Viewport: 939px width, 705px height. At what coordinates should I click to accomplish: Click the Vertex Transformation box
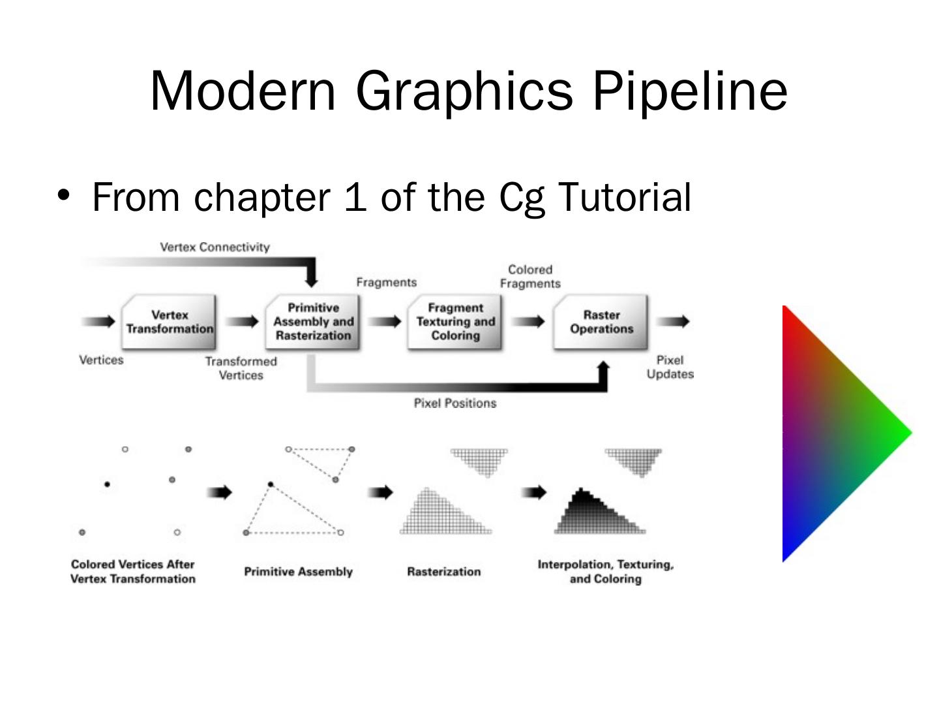point(170,322)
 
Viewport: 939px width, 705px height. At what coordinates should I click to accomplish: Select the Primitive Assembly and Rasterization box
point(313,322)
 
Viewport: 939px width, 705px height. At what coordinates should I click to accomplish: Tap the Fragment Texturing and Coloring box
point(455,322)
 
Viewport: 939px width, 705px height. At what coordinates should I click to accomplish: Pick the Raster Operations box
point(601,322)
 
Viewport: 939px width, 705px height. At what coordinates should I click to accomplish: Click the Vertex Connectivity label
point(215,247)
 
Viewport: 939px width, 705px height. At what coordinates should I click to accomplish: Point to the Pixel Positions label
point(455,403)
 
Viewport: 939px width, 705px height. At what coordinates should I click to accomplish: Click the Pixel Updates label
point(670,367)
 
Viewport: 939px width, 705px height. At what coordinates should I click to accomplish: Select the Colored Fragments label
point(530,277)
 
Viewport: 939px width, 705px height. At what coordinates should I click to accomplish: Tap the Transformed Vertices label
point(241,368)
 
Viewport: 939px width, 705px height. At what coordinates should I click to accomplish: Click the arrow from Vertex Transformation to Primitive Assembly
point(242,321)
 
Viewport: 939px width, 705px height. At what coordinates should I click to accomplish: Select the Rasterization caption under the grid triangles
point(443,572)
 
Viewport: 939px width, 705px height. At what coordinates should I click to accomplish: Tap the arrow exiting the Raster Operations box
point(673,321)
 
